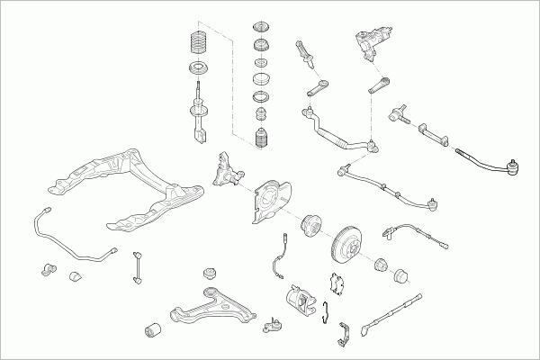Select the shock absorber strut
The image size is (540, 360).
pos(197,112)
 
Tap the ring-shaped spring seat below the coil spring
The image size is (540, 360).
pos(195,69)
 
